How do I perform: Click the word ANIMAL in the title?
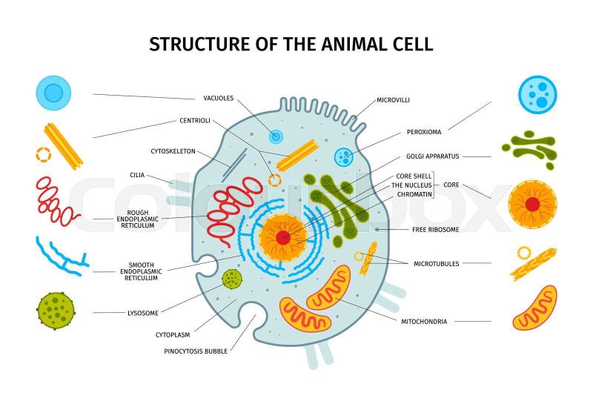pyautogui.click(x=348, y=44)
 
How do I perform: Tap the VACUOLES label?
pyautogui.click(x=219, y=99)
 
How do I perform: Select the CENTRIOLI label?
pyautogui.click(x=195, y=121)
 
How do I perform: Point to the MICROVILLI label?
pyautogui.click(x=393, y=100)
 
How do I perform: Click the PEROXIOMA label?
pyautogui.click(x=424, y=132)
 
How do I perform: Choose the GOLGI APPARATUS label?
pyautogui.click(x=433, y=156)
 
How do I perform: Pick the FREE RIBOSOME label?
pyautogui.click(x=436, y=230)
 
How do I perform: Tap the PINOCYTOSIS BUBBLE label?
pyautogui.click(x=196, y=351)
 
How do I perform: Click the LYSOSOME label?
pyautogui.click(x=143, y=313)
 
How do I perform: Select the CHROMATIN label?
pyautogui.click(x=414, y=194)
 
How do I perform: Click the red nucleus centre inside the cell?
pyautogui.click(x=283, y=238)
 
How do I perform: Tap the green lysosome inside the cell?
pyautogui.click(x=232, y=279)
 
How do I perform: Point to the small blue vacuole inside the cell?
pyautogui.click(x=275, y=136)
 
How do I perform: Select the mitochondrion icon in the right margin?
pyautogui.click(x=534, y=308)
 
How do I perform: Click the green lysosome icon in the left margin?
pyautogui.click(x=56, y=311)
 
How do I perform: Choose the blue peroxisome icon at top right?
pyautogui.click(x=537, y=95)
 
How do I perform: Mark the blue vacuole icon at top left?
pyautogui.click(x=53, y=93)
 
